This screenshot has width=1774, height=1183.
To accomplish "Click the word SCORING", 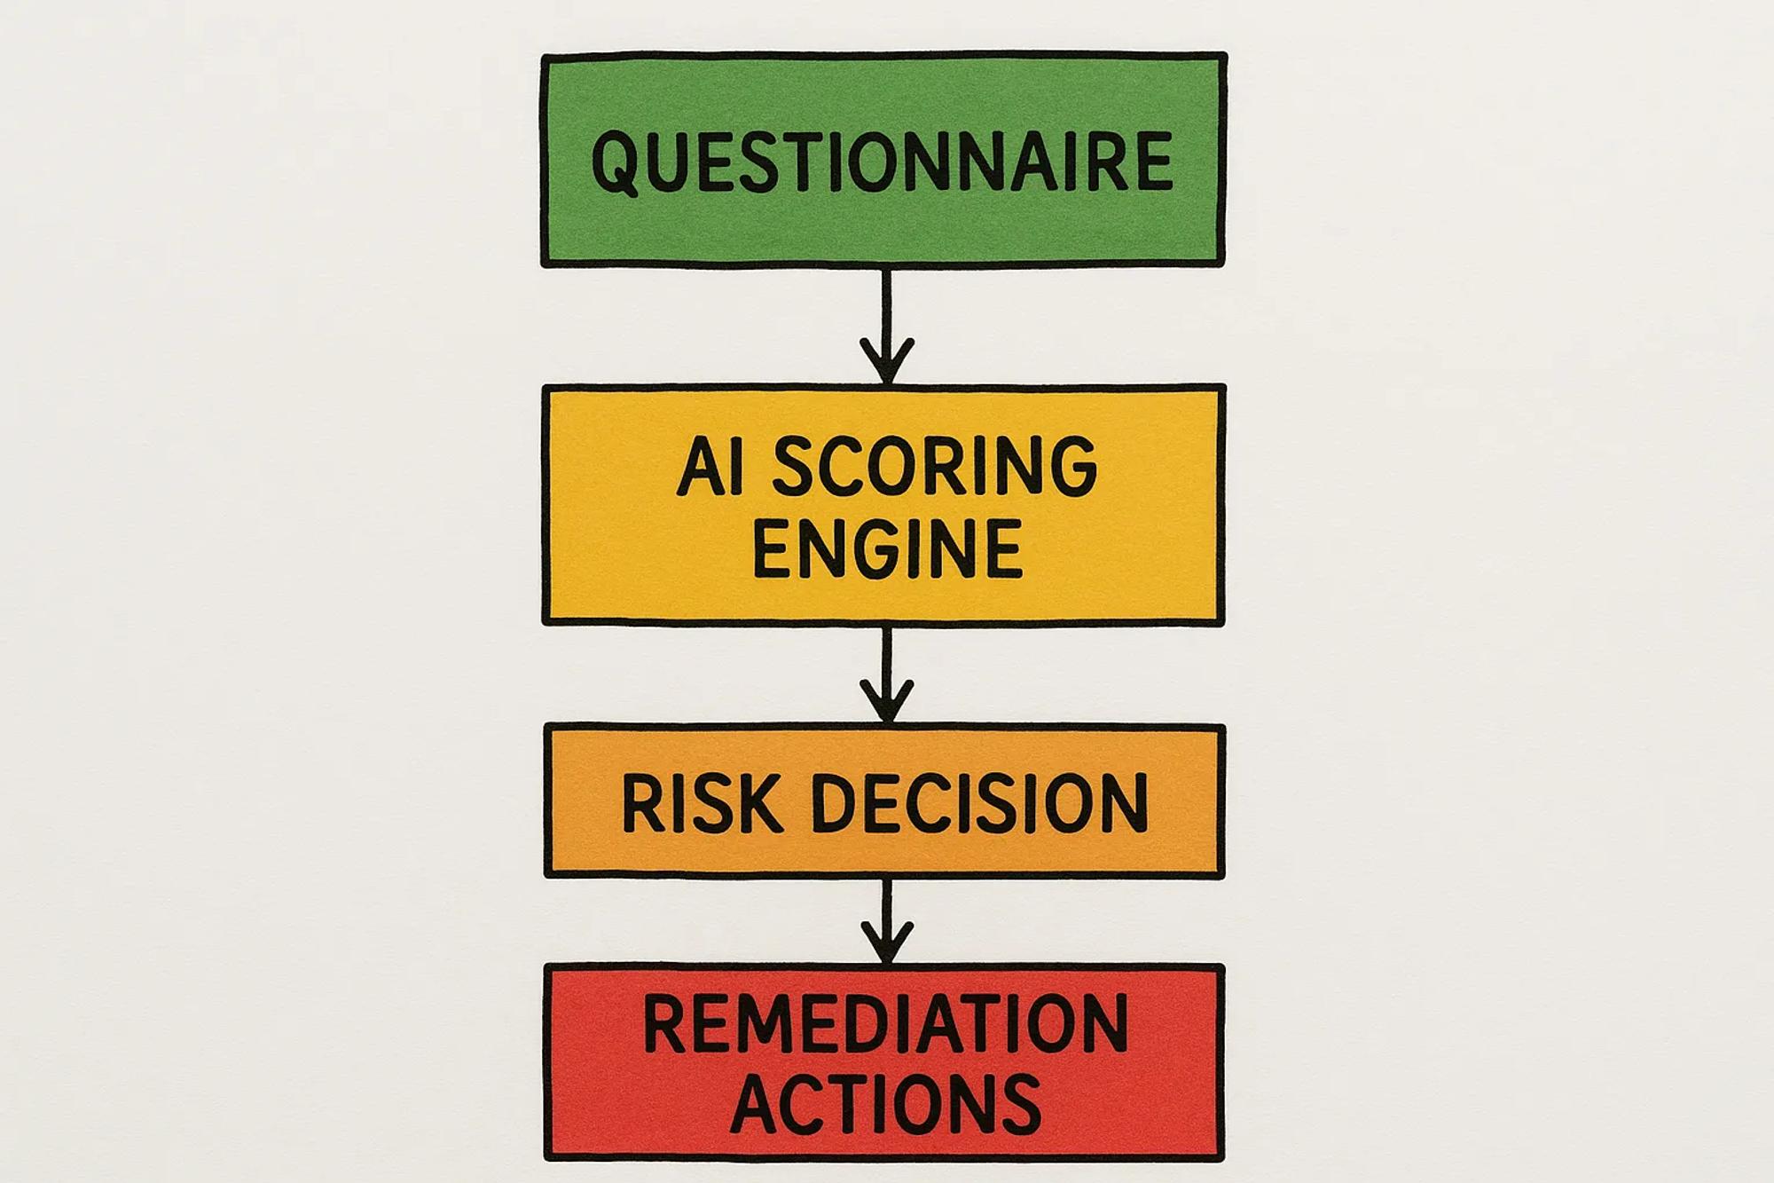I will pyautogui.click(x=934, y=468).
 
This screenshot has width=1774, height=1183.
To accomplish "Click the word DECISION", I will pyautogui.click(x=980, y=803).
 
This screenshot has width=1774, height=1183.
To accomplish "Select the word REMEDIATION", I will pyautogui.click(x=885, y=1025).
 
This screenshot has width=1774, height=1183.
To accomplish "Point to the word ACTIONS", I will pyautogui.click(x=885, y=1103).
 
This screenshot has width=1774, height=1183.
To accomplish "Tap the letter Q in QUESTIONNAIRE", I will pyautogui.click(x=615, y=162).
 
